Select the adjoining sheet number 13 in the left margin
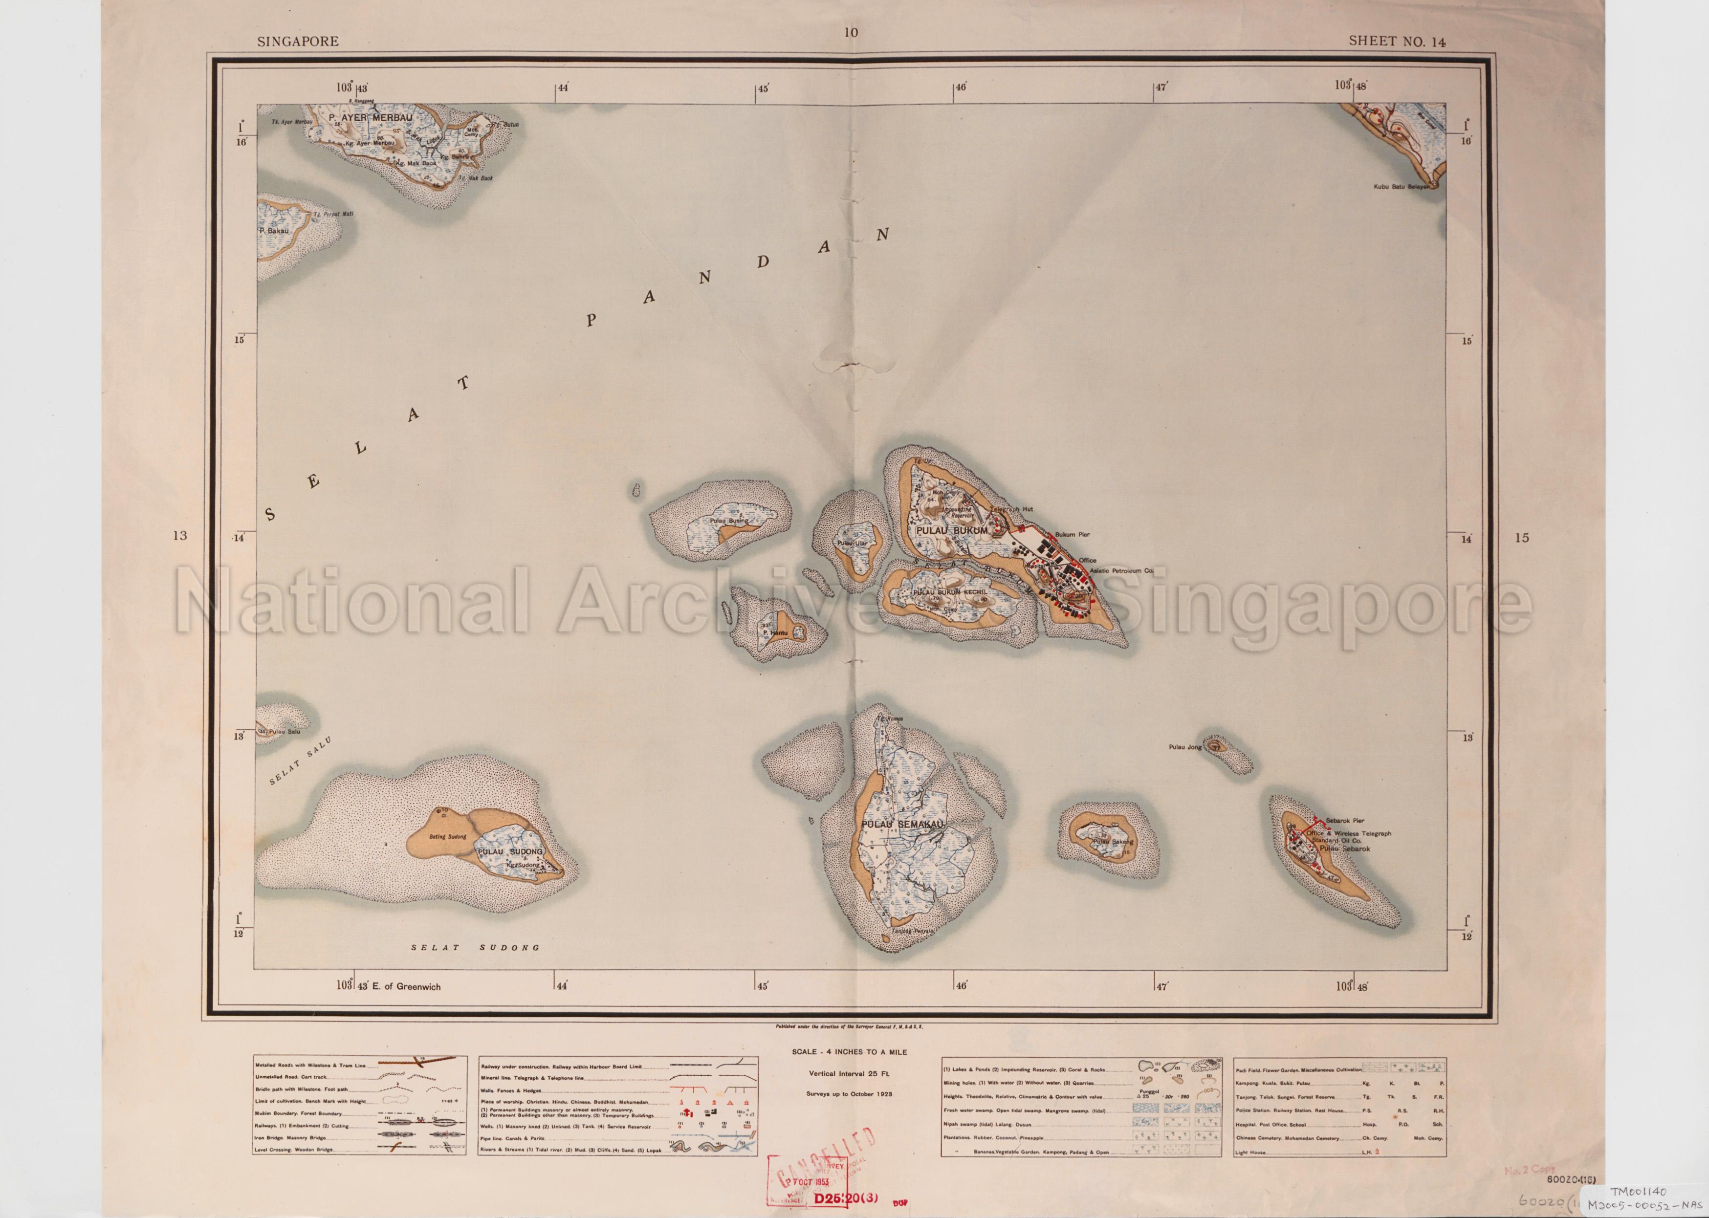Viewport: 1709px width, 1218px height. pos(179,536)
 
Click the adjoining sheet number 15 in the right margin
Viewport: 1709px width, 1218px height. pos(1521,537)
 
